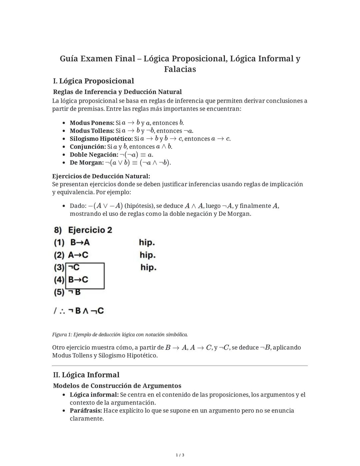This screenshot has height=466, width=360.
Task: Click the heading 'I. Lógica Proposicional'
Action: click(93, 81)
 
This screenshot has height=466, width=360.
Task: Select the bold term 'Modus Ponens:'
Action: click(92, 123)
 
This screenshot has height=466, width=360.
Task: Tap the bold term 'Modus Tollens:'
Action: click(92, 131)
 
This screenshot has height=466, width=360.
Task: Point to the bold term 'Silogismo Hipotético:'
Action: click(101, 139)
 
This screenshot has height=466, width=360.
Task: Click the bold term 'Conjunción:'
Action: click(88, 147)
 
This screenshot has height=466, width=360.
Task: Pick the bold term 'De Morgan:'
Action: click(87, 163)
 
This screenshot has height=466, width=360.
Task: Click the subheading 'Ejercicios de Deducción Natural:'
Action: click(101, 176)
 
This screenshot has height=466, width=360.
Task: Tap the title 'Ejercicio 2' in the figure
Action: click(90, 230)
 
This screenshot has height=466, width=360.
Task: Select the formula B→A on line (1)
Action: click(80, 243)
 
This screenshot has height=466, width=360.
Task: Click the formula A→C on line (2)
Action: click(78, 255)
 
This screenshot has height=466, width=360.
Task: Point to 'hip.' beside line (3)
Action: click(148, 268)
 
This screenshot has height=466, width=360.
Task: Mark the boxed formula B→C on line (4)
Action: click(78, 280)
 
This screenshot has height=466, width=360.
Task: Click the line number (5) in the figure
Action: click(59, 292)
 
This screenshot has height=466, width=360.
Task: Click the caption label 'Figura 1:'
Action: click(62, 335)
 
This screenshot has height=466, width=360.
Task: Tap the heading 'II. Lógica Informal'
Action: click(86, 375)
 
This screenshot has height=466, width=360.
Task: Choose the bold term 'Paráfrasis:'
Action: click(86, 411)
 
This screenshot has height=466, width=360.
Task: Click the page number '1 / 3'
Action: click(180, 455)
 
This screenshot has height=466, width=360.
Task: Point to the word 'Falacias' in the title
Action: click(180, 69)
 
